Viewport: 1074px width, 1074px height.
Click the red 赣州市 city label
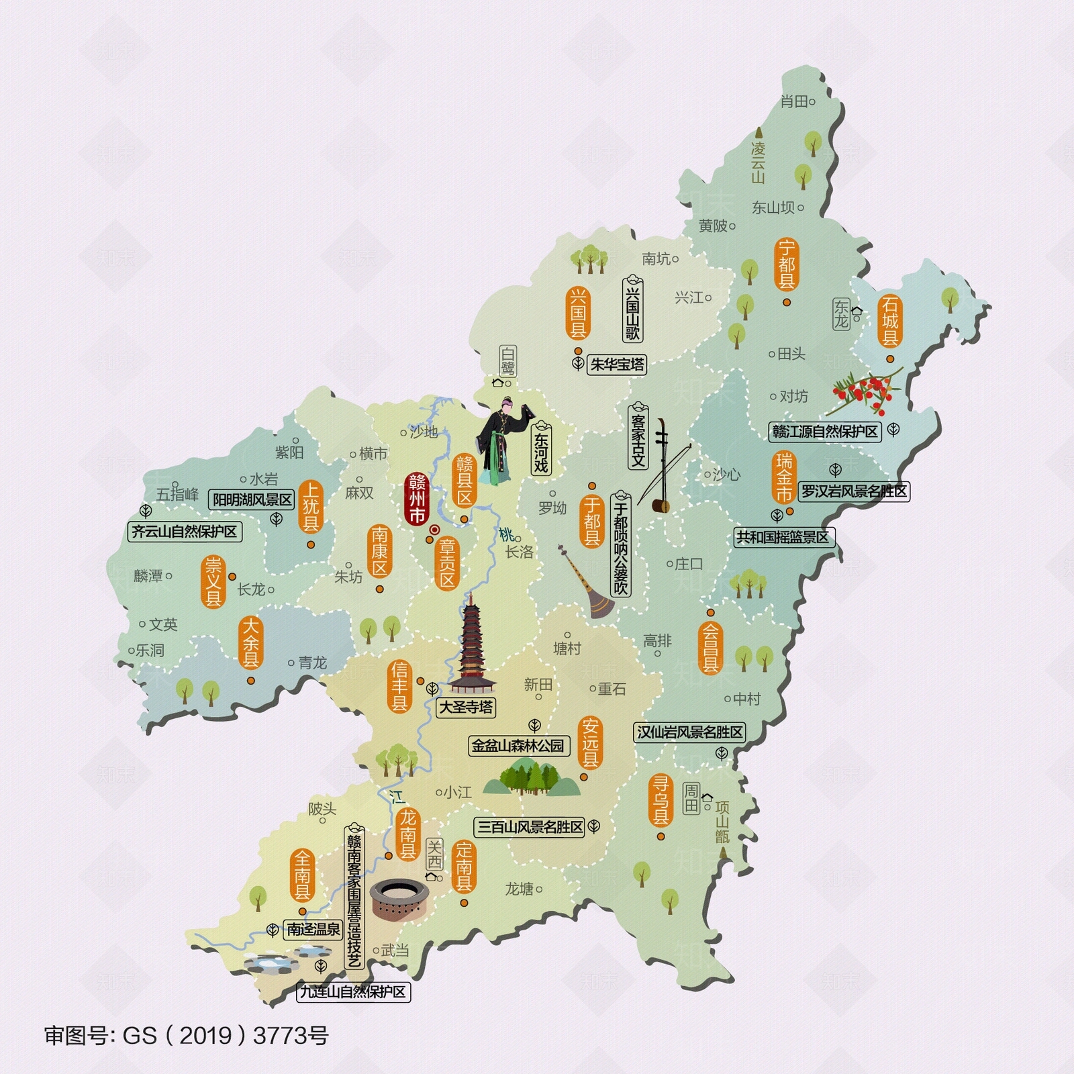click(x=417, y=499)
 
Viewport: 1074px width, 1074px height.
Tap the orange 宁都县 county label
click(x=786, y=264)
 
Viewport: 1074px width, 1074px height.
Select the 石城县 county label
click(x=890, y=321)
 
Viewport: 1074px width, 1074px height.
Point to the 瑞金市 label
click(x=784, y=477)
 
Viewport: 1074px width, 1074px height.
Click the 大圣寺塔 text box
click(x=466, y=707)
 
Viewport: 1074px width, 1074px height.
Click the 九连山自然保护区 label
click(x=353, y=991)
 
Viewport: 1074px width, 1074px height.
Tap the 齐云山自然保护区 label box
click(x=185, y=532)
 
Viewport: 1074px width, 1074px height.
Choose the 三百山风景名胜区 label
click(x=530, y=827)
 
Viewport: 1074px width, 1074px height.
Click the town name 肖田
click(x=794, y=102)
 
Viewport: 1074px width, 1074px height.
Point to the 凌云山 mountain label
click(x=758, y=161)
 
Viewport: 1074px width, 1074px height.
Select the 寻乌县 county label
click(x=661, y=799)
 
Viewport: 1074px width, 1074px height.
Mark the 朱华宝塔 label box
click(x=617, y=364)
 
